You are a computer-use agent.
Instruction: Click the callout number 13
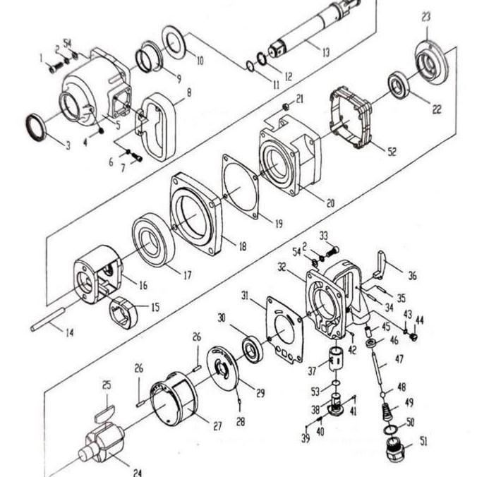[x=325, y=52]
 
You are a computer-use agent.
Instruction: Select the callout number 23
[x=426, y=16]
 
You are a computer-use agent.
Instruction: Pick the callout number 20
[x=330, y=203]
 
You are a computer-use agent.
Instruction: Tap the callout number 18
[x=242, y=247]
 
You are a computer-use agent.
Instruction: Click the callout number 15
[x=155, y=307]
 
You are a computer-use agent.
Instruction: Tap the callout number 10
[x=200, y=61]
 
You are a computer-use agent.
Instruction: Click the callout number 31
[x=245, y=294]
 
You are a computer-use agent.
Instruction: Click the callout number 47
[x=400, y=360]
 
